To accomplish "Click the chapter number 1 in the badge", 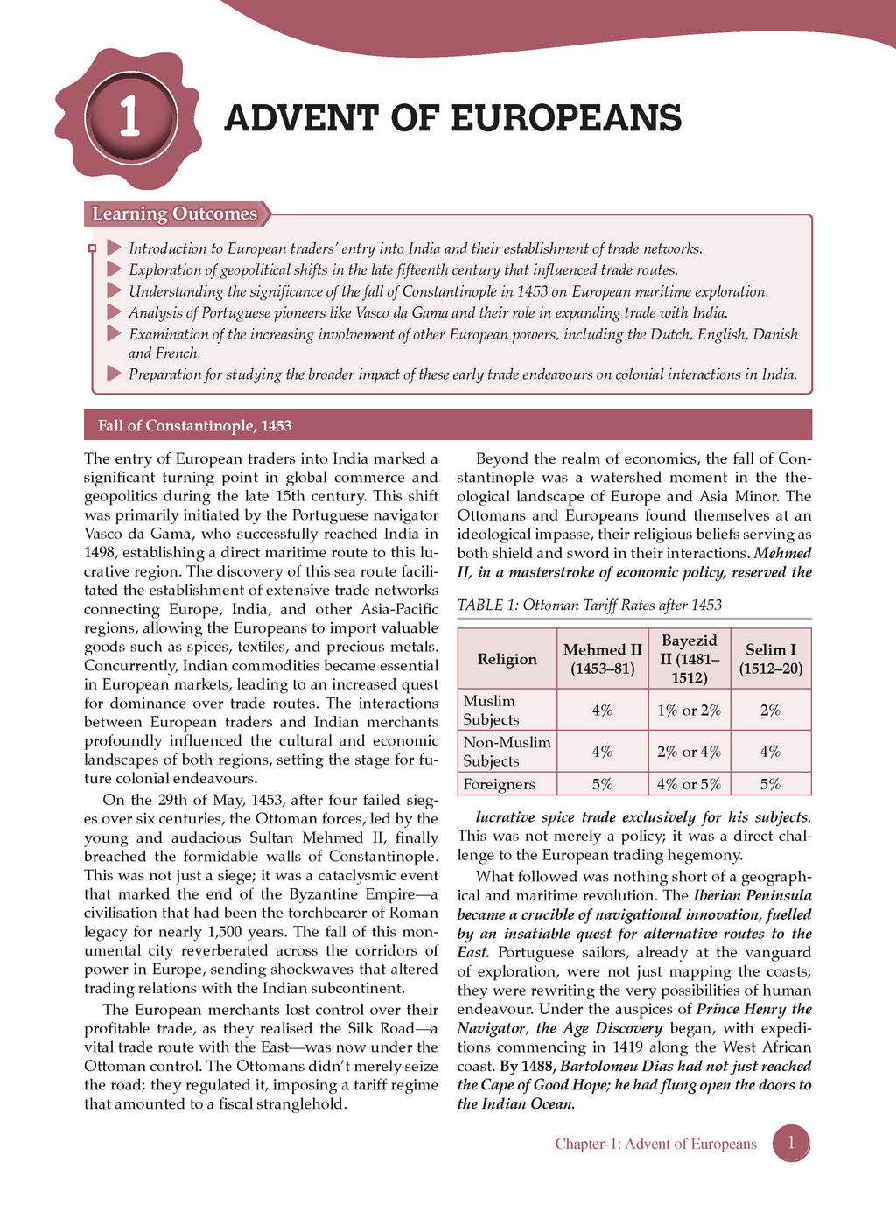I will coord(129,118).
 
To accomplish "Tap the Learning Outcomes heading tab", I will coord(175,214).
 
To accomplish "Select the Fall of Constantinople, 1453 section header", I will coord(194,426).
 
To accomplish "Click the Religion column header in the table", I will coord(507,659).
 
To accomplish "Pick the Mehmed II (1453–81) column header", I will coord(602,659).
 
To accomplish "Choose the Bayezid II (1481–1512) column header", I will coord(689,659).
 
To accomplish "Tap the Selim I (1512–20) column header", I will coord(770,659).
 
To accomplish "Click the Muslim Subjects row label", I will coord(490,710).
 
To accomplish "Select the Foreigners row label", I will coord(499,784).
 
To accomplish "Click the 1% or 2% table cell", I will coord(689,710).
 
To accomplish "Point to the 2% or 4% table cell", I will coord(689,752).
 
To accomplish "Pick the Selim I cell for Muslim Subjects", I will coord(770,710).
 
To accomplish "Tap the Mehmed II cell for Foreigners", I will coord(602,784).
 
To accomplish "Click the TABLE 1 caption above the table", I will coord(589,605).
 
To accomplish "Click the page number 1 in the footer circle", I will coord(791,1143).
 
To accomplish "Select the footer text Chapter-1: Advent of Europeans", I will coord(655,1144).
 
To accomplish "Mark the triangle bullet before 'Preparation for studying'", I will coord(114,374).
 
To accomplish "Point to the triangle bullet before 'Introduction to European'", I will coord(114,248).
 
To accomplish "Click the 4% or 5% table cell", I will coord(689,784).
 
